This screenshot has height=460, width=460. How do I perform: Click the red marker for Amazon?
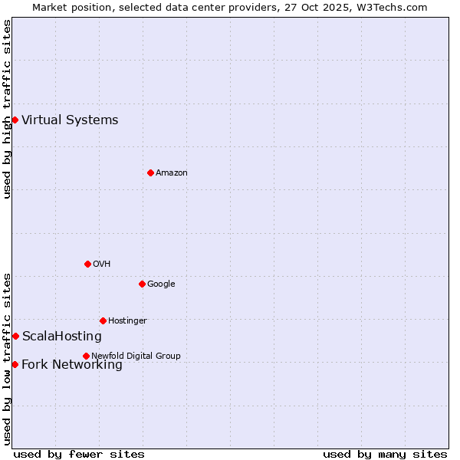tap(150, 172)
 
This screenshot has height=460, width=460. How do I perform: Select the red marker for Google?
tap(142, 284)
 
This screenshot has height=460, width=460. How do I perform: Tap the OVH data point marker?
tap(87, 264)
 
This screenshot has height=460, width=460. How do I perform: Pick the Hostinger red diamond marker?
tap(103, 320)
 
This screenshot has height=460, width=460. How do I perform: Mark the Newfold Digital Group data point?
tap(86, 356)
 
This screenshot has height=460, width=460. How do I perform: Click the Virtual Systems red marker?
tap(15, 120)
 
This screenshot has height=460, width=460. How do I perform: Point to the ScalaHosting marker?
tap(15, 336)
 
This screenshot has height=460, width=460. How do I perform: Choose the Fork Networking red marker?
tap(15, 364)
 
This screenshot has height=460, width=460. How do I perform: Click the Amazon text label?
tap(172, 173)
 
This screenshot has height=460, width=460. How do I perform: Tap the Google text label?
tap(161, 284)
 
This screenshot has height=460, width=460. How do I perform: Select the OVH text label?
tap(102, 264)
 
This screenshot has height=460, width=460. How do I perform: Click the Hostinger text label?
tap(127, 321)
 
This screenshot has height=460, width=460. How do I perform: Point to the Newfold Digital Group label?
tap(136, 356)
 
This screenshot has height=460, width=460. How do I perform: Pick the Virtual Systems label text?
tap(70, 120)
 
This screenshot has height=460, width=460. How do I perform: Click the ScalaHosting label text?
tap(61, 337)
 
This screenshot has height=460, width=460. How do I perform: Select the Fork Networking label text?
tap(72, 365)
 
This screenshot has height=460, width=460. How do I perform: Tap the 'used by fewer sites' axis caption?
tap(79, 454)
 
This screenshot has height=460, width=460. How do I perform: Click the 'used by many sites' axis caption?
tap(385, 454)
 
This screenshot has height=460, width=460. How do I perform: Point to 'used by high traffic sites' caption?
tap(8, 109)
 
